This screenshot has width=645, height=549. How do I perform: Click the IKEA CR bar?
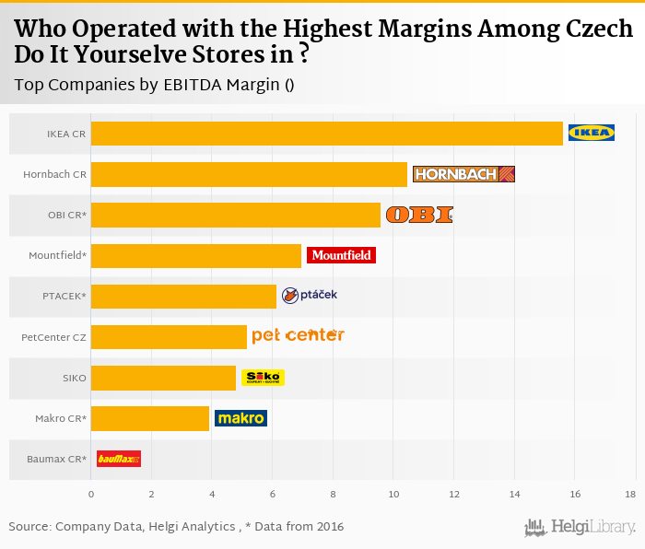click(327, 134)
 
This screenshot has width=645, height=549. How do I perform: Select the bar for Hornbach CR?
click(249, 174)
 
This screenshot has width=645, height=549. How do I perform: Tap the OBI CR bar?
click(236, 215)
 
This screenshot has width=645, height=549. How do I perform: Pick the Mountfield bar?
click(196, 255)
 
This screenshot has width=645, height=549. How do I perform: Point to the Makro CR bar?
click(150, 418)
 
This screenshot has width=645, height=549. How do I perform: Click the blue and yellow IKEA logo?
click(592, 133)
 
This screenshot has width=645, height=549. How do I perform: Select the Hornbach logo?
click(463, 174)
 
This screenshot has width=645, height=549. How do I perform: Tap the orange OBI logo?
click(419, 215)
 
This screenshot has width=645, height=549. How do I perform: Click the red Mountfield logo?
click(341, 255)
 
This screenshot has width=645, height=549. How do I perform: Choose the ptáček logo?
click(310, 295)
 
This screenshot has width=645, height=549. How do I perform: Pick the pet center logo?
click(298, 335)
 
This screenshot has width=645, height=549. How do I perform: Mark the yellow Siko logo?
click(263, 378)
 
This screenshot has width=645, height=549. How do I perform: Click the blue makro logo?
click(240, 418)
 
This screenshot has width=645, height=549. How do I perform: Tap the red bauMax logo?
click(119, 458)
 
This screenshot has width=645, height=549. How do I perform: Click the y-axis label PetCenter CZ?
click(53, 337)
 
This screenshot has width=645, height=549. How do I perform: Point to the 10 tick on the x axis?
click(393, 495)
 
